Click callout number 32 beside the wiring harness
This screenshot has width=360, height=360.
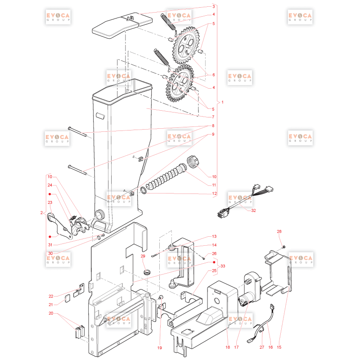pos(253,210)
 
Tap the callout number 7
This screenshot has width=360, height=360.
pos(213,117)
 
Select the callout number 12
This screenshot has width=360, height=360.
pos(214,193)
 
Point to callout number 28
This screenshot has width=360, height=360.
pos(279,231)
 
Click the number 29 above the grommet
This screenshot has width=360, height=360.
pos(143,256)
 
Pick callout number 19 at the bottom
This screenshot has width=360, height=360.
pos(160,348)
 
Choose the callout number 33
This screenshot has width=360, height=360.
pos(223,266)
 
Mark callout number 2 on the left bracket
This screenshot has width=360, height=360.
pos(41,213)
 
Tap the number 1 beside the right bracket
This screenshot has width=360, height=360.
pos(222,102)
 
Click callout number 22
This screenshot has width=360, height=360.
pos(51,296)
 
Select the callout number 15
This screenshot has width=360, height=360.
pos(279,347)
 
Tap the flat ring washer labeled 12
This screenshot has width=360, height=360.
pos(144,190)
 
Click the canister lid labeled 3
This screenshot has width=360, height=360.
pos(122,25)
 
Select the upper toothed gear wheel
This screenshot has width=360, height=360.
pos(186,45)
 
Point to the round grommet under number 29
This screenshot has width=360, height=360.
pos(147,273)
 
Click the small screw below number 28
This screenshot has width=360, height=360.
pos(283,247)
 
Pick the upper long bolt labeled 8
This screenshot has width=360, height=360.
pos(77,131)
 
